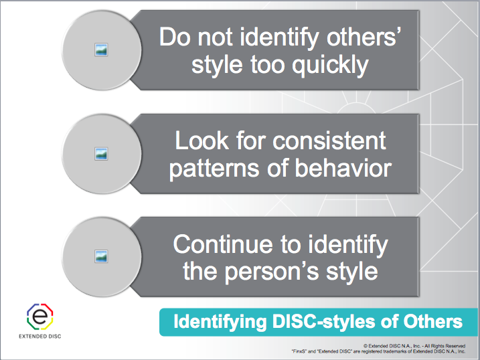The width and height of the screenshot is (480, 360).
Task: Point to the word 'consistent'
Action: click(x=326, y=141)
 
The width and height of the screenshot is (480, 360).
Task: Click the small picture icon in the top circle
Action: click(x=102, y=49)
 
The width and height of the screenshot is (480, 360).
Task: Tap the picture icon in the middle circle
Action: click(x=102, y=153)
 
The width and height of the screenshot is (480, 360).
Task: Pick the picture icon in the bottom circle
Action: click(x=102, y=256)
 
